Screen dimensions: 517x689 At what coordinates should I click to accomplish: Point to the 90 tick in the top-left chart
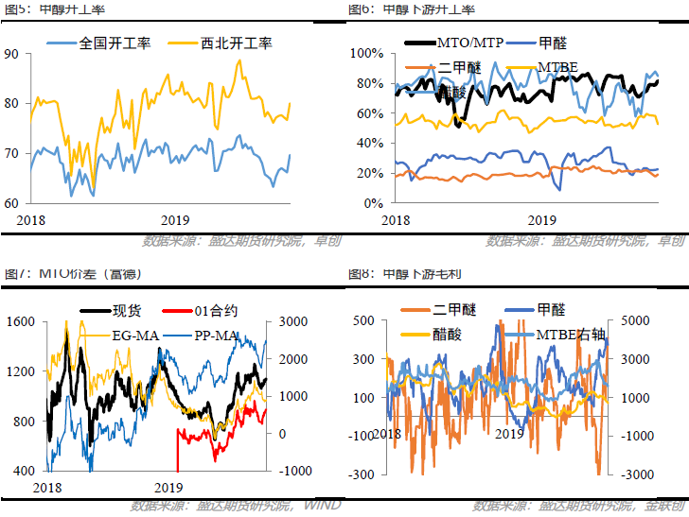point(11,54)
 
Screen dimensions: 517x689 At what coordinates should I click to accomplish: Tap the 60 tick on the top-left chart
point(11,202)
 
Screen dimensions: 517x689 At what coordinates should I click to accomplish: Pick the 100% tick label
point(364,53)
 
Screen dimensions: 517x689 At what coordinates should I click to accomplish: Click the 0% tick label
point(370,202)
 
